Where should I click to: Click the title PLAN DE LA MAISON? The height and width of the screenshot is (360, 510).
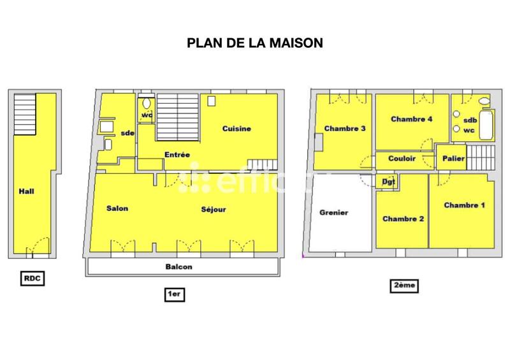pos(254,43)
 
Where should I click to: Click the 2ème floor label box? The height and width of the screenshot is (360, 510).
pos(404,286)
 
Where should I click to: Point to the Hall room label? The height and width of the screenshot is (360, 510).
pos(26,191)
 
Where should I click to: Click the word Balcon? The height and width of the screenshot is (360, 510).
pos(179,267)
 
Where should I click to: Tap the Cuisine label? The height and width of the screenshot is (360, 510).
pos(237,129)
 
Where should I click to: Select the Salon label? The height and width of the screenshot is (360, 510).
pos(117,209)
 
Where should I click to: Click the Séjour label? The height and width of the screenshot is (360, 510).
pos(214,209)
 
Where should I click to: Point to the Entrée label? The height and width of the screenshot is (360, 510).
pos(177,154)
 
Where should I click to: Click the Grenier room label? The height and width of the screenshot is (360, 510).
pos(333,213)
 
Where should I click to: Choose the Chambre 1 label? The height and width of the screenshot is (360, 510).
pos(465,205)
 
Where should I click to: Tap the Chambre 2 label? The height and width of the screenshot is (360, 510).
pos(403,219)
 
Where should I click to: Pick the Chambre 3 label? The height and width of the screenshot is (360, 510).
pos(345,128)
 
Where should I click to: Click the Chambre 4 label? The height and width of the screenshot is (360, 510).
pos(412,119)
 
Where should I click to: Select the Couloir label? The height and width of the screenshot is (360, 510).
pos(402,159)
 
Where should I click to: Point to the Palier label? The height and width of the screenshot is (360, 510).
pos(453,158)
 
